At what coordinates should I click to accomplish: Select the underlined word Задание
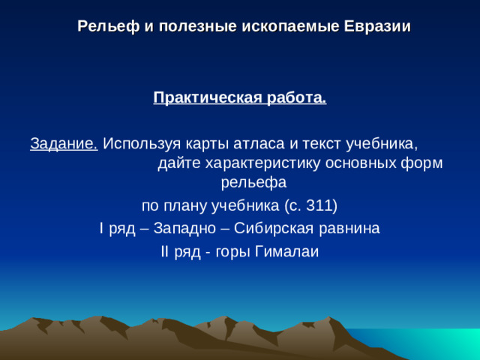[x=64, y=142]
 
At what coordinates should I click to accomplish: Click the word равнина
[x=352, y=228]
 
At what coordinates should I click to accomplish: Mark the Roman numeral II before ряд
[x=166, y=251]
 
